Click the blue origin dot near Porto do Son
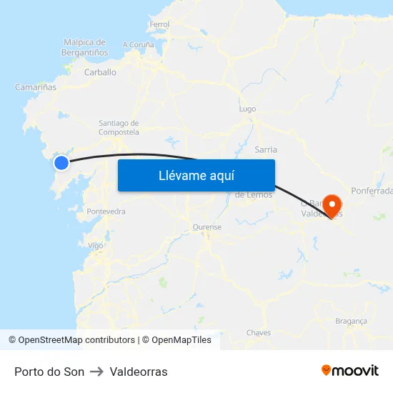coord(61,163)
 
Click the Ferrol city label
coord(159,24)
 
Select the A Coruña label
coord(139,44)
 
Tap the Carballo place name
coord(100,72)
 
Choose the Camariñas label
coord(36,87)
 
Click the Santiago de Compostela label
coord(119,127)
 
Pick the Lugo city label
coord(247,109)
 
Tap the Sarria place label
coord(266,150)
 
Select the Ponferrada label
coord(372,191)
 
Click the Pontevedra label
coord(106,212)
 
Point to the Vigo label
coord(95,245)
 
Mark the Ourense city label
coord(207,227)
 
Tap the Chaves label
coord(259,333)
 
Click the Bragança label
coord(351,322)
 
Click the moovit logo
coord(350,371)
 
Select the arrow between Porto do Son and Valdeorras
coord(97,372)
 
